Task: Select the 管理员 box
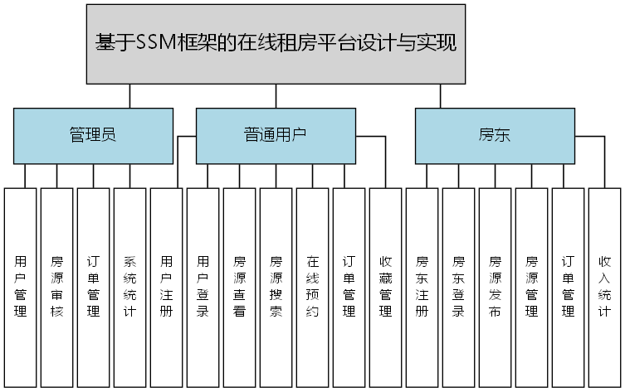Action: point(93,135)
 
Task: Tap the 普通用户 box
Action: point(275,135)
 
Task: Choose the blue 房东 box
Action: point(494,135)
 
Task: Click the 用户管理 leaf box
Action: point(21,287)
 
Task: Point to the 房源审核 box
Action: point(57,287)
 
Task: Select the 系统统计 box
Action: point(130,287)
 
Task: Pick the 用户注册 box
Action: point(167,287)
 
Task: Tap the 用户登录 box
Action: point(203,287)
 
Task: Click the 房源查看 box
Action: point(240,287)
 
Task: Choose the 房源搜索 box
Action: point(276,287)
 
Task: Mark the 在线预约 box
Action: point(313,287)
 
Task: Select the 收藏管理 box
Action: point(386,287)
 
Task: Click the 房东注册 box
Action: point(422,287)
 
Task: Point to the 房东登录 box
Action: point(459,287)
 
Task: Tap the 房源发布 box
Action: point(496,287)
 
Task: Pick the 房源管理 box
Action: point(532,287)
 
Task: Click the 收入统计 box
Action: point(605,287)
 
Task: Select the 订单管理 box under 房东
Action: point(569,287)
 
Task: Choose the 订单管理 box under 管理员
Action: point(94,287)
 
